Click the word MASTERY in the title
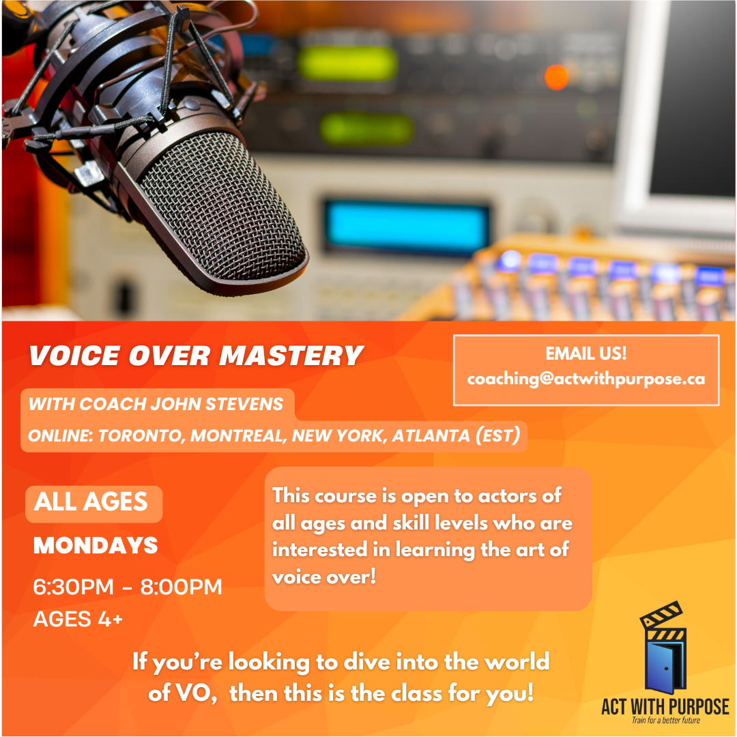click(291, 356)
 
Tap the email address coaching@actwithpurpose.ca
click(586, 379)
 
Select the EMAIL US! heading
click(586, 353)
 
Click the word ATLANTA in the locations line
click(431, 435)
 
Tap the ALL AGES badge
click(93, 504)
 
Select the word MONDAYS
click(96, 545)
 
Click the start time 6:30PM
click(73, 587)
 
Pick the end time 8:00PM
click(182, 587)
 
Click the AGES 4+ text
click(78, 619)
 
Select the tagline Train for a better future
click(666, 720)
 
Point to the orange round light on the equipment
click(557, 78)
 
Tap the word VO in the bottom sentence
click(194, 693)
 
